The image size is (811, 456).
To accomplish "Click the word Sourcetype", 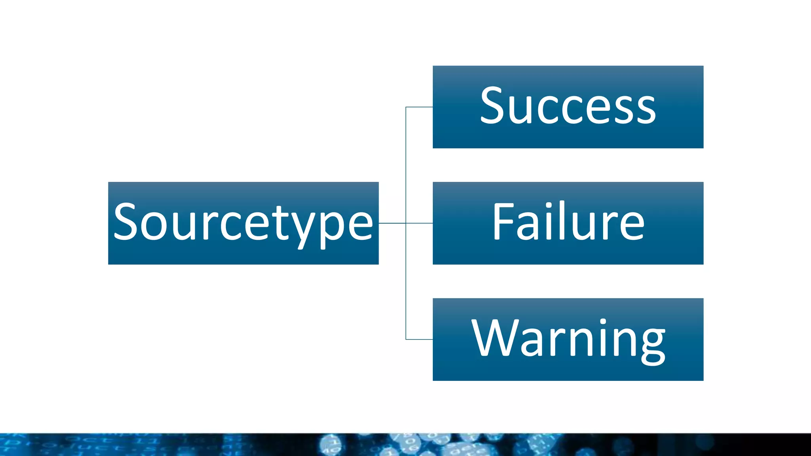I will [x=243, y=223].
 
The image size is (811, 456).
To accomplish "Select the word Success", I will [x=568, y=106].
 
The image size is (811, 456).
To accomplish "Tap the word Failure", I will [x=568, y=222].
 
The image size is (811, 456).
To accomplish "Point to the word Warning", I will [x=568, y=339].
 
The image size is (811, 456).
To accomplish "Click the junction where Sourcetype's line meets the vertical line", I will [x=406, y=223].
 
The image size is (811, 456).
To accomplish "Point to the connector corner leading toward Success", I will [x=406, y=107].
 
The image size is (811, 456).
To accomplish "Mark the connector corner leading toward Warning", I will [x=406, y=339].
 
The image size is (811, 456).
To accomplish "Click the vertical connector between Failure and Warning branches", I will [x=406, y=281].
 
